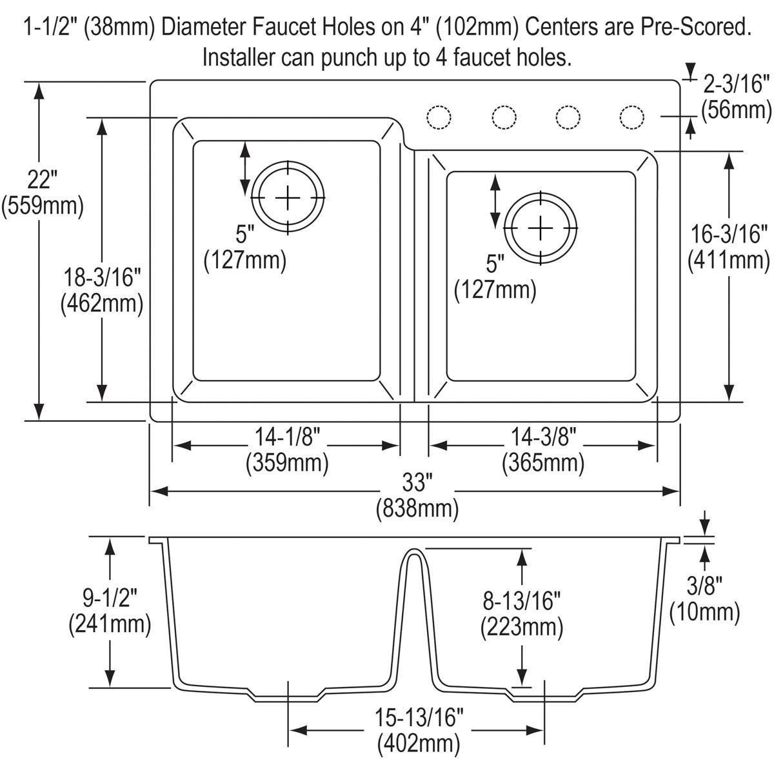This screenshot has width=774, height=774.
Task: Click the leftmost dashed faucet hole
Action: click(439, 117)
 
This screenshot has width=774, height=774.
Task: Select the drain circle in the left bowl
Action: click(288, 197)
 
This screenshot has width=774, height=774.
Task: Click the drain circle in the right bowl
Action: click(541, 228)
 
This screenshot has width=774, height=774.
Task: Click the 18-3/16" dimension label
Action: click(101, 279)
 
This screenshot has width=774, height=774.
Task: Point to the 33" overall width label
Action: click(417, 482)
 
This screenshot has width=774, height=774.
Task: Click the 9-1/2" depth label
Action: click(110, 598)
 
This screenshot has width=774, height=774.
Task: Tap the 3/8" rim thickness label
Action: click(704, 585)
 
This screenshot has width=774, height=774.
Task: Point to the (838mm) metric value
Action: click(417, 509)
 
